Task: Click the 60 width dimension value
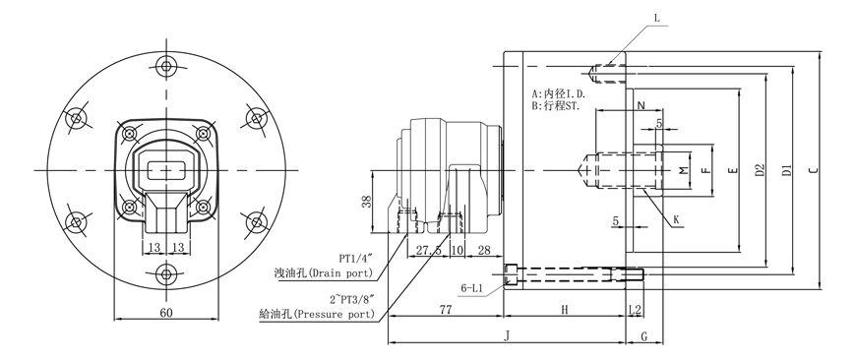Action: (166, 313)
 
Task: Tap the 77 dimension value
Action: (446, 309)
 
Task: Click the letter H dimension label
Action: (565, 310)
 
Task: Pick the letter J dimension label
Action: (507, 336)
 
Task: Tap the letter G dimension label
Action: (643, 336)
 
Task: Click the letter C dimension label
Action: (814, 170)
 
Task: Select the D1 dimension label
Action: (786, 170)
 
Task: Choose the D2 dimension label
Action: (760, 170)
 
